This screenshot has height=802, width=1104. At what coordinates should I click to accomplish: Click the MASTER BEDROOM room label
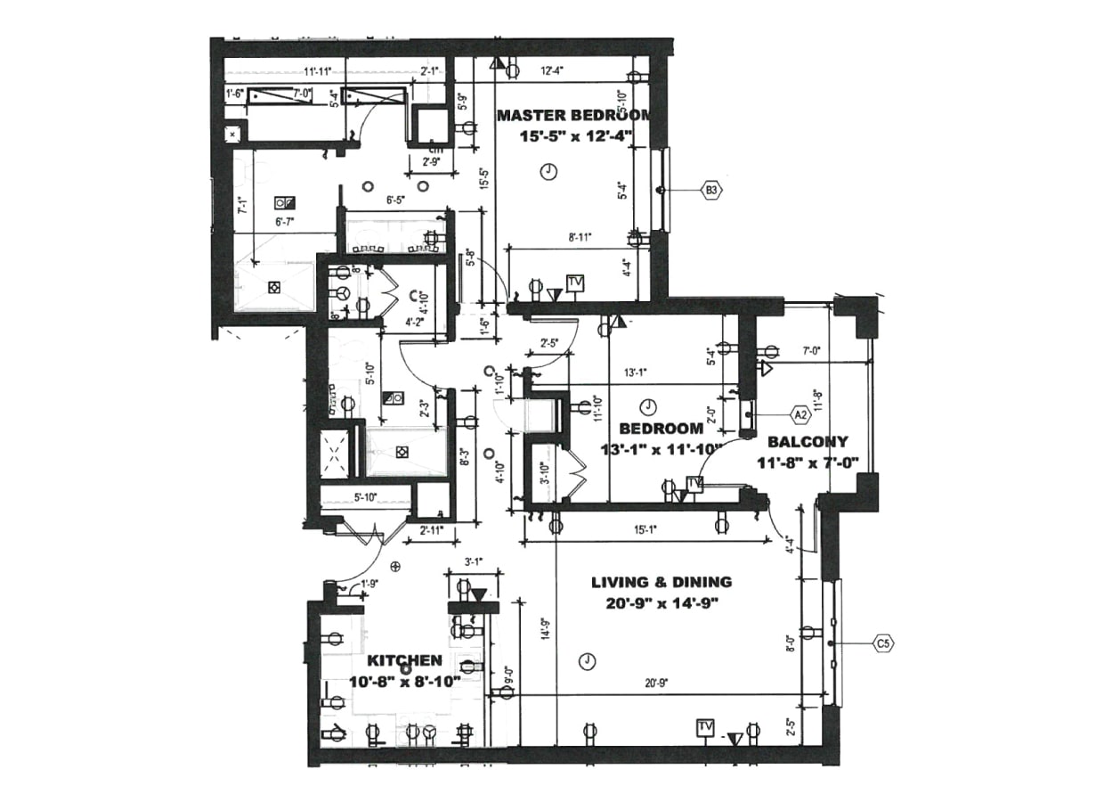click(x=572, y=115)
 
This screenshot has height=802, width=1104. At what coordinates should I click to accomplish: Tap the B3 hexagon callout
click(x=711, y=190)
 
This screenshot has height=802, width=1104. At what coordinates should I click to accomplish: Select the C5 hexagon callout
click(x=883, y=642)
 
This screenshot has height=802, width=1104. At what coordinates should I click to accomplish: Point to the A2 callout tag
click(x=800, y=413)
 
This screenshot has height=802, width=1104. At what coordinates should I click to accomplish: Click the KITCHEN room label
click(x=405, y=660)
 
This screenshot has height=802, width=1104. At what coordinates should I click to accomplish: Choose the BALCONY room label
click(x=808, y=441)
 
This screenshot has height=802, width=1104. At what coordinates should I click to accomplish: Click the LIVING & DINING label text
click(x=662, y=582)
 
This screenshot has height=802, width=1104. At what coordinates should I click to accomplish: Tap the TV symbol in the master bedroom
click(x=576, y=283)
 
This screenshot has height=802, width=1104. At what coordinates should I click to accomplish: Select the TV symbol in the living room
click(x=705, y=727)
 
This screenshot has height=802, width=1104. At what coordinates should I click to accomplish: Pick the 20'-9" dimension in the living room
click(x=657, y=683)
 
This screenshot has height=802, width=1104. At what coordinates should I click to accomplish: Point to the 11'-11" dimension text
click(x=318, y=71)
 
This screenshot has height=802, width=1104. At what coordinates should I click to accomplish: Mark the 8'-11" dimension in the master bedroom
click(x=579, y=238)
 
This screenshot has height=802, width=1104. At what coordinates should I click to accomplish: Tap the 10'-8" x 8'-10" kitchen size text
click(x=405, y=681)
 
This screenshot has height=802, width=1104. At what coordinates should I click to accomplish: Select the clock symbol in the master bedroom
click(x=549, y=172)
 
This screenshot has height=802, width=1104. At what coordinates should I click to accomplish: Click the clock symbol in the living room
click(x=586, y=660)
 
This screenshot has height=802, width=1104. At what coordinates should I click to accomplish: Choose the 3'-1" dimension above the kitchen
click(x=474, y=562)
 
